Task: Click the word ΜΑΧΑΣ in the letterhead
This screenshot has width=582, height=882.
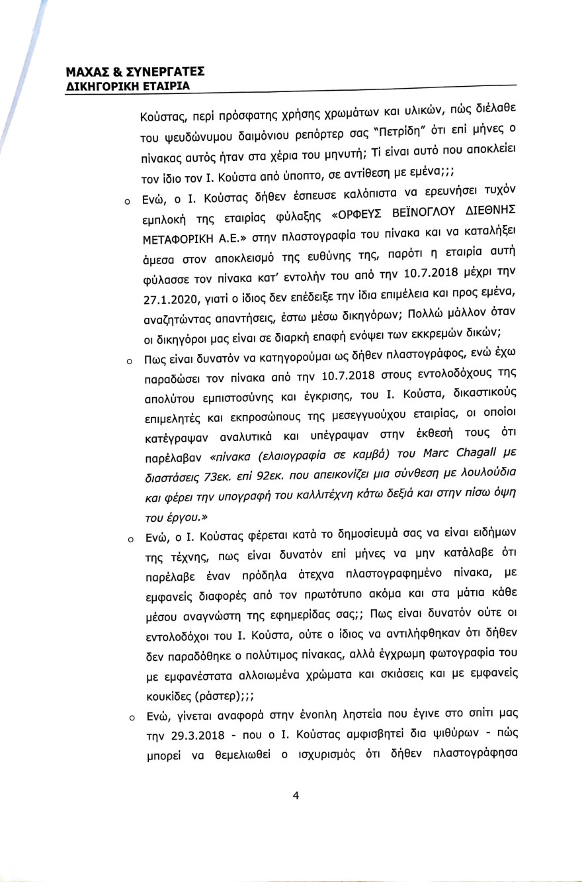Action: point(90,72)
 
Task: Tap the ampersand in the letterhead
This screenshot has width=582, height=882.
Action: point(121,72)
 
